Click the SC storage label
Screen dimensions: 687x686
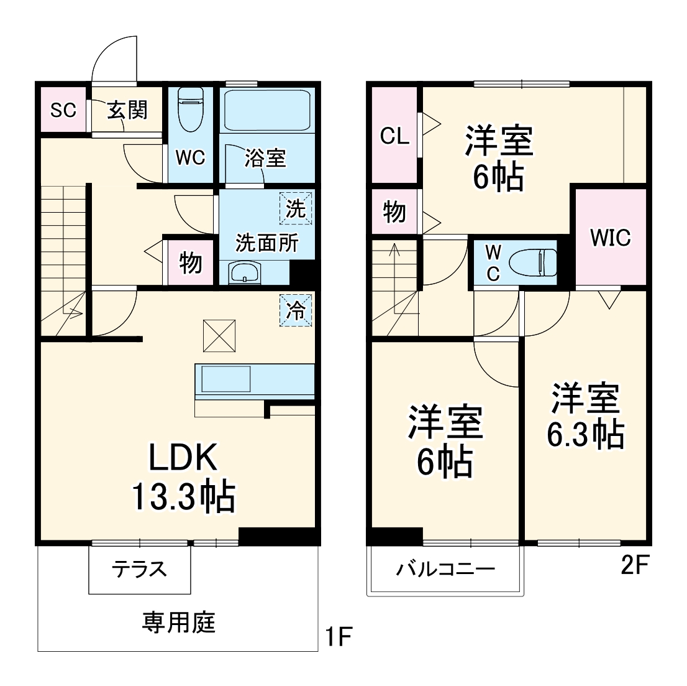63,109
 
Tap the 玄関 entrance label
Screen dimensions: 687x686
127,109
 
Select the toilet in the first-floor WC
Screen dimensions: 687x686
191,109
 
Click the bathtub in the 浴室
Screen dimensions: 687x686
267,109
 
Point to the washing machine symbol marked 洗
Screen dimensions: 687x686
296,208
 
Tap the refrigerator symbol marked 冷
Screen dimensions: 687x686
296,310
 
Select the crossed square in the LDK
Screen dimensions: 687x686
219,336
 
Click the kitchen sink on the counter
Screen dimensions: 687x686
225,379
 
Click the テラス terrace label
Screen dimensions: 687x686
139,569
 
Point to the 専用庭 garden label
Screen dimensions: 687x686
178,623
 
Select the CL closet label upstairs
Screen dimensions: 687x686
394,136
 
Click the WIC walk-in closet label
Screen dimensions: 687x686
611,238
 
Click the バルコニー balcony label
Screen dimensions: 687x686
445,569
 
